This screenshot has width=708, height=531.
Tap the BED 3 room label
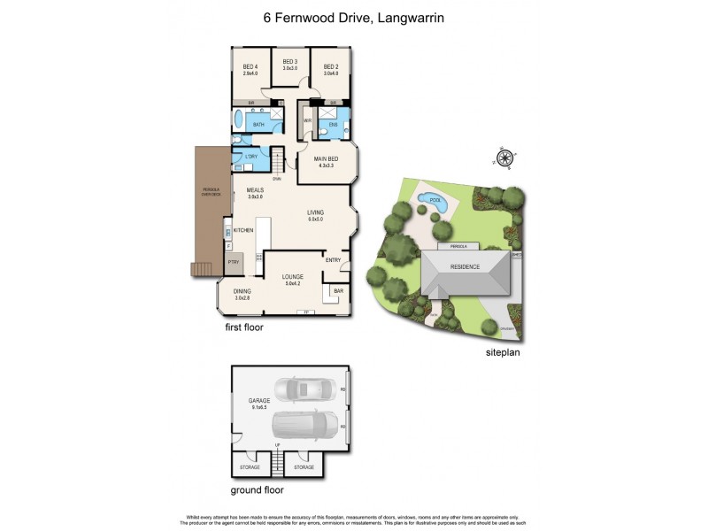tap(289, 63)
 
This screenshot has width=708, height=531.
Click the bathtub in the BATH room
tap(238, 121)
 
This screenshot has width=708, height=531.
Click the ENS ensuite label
tap(334, 125)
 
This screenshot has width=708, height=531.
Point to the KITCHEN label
tap(244, 229)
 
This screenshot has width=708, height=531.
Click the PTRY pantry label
tap(234, 262)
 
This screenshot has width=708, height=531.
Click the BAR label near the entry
tap(338, 290)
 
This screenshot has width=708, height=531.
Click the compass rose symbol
tap(505, 158)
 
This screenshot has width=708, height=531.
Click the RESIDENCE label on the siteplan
tap(466, 267)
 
